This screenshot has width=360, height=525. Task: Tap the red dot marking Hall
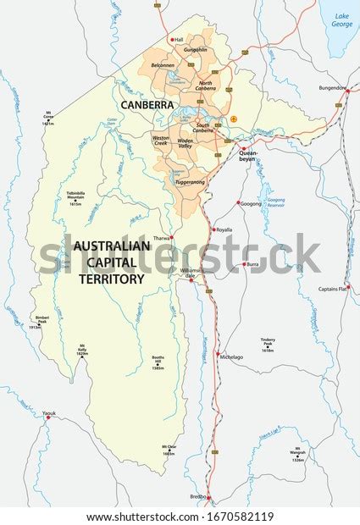click(x=172, y=39)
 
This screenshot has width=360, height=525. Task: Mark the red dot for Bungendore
click(x=345, y=88)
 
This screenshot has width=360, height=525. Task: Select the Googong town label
click(x=252, y=204)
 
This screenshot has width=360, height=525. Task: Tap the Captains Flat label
click(x=333, y=290)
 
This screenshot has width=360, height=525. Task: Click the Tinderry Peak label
click(x=268, y=343)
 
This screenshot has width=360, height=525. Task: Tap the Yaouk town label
click(x=49, y=413)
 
